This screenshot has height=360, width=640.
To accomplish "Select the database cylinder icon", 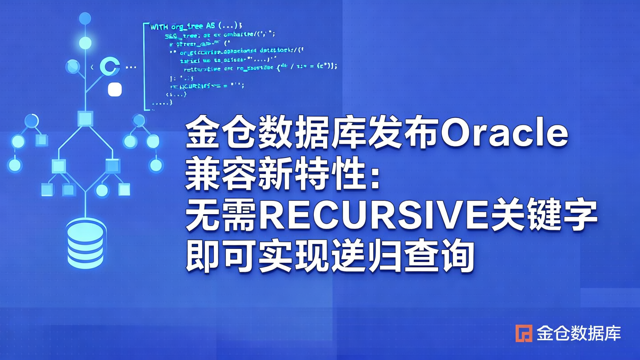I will click(x=86, y=243).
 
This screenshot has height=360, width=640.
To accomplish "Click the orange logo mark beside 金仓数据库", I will click(x=524, y=333).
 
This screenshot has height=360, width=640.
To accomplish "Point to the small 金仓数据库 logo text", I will click(x=578, y=333).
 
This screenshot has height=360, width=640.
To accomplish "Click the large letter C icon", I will click(x=110, y=67).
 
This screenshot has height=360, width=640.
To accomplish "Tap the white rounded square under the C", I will click(x=115, y=89).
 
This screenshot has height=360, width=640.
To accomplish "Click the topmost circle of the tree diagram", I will click(x=85, y=19).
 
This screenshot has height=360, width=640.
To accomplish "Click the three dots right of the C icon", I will click(x=131, y=68).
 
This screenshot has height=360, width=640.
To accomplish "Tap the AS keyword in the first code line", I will click(x=211, y=27).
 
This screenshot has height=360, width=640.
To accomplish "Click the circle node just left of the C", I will click(x=72, y=67).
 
